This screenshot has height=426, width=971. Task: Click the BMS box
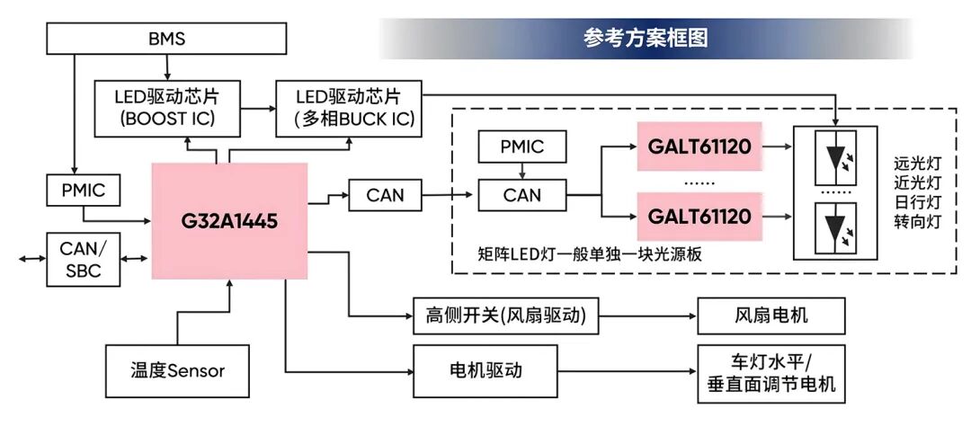pos(166,39)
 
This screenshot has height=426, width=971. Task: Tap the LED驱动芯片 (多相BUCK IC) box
pos(347,107)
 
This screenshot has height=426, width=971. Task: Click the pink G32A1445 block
pos(230,220)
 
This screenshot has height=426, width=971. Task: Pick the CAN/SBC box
pos(83,259)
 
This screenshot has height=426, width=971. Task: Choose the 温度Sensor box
pos(177,369)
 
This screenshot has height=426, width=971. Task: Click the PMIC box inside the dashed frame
pos(522,146)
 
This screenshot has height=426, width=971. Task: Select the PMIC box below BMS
pos(83,191)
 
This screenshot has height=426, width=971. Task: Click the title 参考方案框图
pos(646,39)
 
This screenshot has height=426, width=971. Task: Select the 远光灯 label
pos(916,164)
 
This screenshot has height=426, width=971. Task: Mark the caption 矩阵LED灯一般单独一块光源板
pos(590,254)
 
